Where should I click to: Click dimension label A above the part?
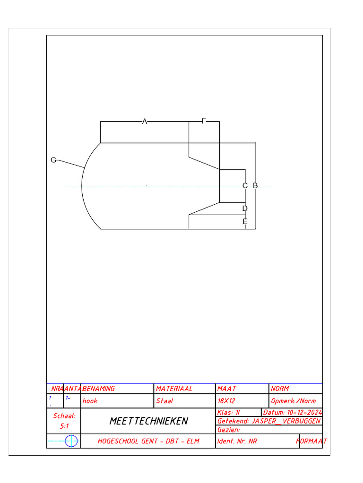tap(145, 122)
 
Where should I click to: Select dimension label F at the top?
tap(204, 121)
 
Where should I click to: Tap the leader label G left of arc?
tap(53, 160)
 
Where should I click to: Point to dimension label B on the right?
tap(255, 186)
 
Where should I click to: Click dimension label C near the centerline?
tap(245, 186)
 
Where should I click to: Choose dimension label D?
tap(245, 208)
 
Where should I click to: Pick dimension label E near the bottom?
tap(245, 222)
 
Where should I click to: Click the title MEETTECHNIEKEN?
tap(148, 421)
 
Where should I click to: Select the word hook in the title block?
tap(90, 401)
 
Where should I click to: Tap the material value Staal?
tap(164, 401)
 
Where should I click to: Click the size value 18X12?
tap(226, 401)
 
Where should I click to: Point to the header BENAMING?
tap(99, 389)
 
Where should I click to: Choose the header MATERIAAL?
tap(174, 389)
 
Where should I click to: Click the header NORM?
tap(280, 389)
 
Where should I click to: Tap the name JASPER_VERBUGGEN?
tap(286, 421)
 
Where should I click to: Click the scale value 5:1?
tap(64, 426)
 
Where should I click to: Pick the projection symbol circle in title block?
tap(72, 441)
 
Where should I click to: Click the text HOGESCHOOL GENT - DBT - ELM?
tap(148, 441)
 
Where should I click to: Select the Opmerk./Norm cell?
tap(294, 401)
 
